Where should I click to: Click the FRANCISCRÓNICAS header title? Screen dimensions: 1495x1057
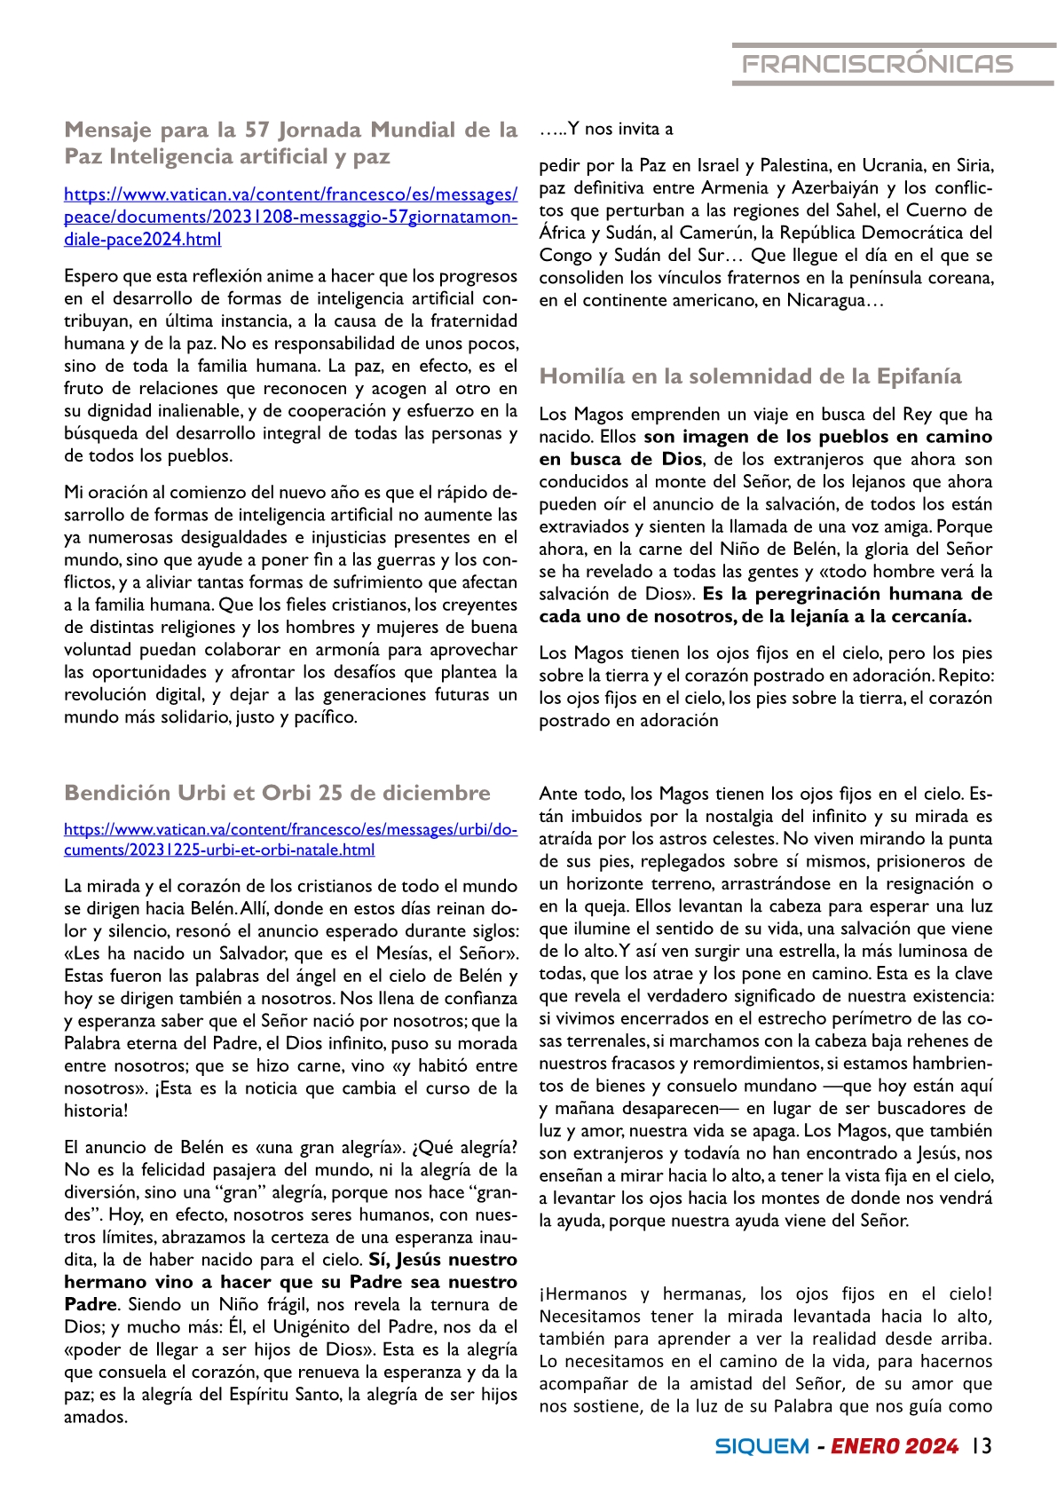(x=877, y=64)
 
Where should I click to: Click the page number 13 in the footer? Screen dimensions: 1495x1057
(x=981, y=1445)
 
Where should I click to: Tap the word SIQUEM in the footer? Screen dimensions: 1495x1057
(x=761, y=1446)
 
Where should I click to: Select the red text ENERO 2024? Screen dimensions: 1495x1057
(x=895, y=1446)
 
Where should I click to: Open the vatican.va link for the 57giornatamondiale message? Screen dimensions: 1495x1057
(x=290, y=217)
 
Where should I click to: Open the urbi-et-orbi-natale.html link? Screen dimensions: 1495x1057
(x=290, y=840)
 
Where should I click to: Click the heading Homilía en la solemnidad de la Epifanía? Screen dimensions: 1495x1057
(x=750, y=376)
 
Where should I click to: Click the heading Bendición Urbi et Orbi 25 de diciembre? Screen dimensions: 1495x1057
(x=277, y=793)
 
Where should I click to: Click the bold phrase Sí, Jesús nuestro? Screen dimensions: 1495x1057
(x=443, y=1260)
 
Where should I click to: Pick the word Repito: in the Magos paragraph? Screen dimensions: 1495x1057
(x=966, y=676)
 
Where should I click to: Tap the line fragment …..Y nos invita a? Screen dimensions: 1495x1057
(x=606, y=130)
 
